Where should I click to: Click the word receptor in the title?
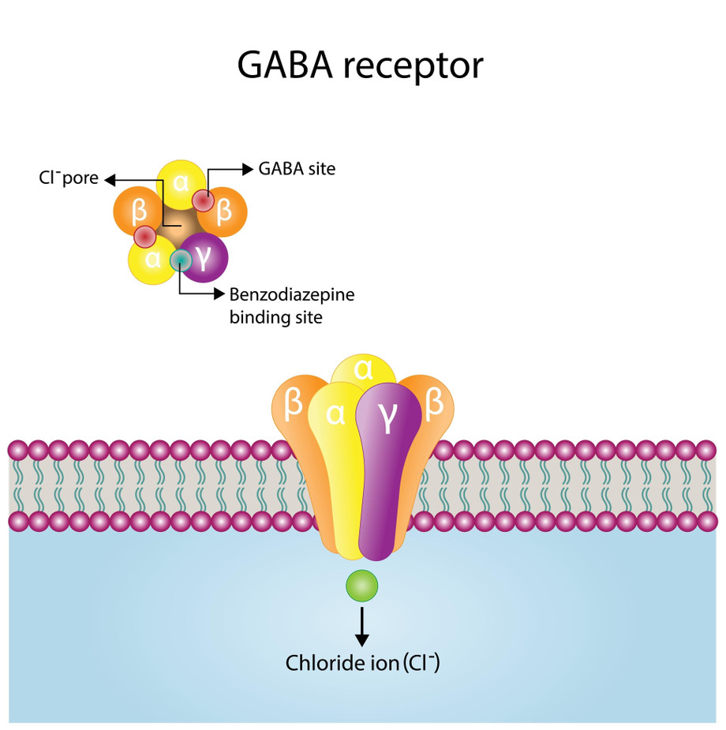[x=414, y=66]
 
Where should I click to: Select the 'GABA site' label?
[x=297, y=169]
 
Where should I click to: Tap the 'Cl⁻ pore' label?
[x=69, y=178]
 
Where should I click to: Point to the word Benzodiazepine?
[x=292, y=294]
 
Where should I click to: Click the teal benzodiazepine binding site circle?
[x=181, y=260]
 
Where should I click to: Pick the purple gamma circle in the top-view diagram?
[x=204, y=257]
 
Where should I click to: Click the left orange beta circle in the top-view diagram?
[x=138, y=212]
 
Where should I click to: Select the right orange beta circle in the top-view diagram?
[x=223, y=212]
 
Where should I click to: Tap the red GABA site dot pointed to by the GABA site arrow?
[x=204, y=201]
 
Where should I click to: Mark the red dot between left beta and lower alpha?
[x=144, y=237]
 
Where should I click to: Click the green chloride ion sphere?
[x=361, y=586]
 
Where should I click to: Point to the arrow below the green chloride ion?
[x=361, y=627]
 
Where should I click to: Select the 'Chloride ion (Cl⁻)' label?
[x=362, y=663]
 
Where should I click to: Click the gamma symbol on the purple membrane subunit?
[x=387, y=416]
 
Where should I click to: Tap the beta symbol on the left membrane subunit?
[x=294, y=403]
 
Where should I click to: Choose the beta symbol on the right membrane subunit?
[x=434, y=402]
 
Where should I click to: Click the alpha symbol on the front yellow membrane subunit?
[x=335, y=414]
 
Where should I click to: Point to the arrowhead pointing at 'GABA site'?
[x=248, y=169]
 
